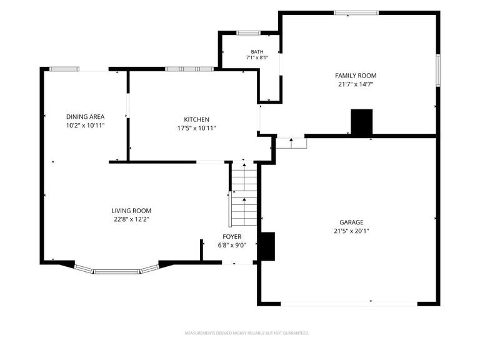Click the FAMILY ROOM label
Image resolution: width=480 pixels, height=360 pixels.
356,76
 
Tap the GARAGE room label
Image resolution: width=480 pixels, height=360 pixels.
351,222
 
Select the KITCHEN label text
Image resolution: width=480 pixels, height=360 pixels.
196,119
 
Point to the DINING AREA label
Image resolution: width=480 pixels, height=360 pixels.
86,117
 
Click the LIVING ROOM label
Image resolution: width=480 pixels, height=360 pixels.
131,211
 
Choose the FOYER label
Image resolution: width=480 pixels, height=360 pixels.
232,237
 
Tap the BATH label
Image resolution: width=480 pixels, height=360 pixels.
257,52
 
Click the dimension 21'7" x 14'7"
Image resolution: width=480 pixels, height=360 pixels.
356,84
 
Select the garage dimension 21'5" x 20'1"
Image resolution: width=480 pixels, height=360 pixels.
351,231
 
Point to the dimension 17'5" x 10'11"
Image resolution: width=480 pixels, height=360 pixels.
196,128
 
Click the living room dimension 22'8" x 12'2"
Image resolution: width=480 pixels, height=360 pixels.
131,219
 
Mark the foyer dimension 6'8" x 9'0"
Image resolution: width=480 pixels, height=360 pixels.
232,245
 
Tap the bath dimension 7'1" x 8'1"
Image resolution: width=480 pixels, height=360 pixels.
257,57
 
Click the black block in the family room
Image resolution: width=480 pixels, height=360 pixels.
362,121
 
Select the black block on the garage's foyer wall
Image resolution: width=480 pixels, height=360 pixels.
267,246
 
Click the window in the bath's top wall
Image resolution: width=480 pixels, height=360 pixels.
249,33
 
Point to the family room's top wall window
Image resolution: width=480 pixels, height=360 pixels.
356,13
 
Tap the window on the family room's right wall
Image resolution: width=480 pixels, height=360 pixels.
438,71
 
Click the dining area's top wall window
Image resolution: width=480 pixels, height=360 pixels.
64,69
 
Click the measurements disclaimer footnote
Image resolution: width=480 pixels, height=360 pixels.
247,333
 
